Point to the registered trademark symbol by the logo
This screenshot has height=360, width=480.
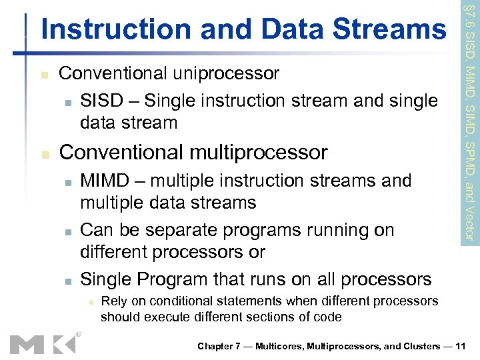click(79, 334)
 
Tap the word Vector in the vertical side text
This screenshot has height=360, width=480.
click(469, 225)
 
